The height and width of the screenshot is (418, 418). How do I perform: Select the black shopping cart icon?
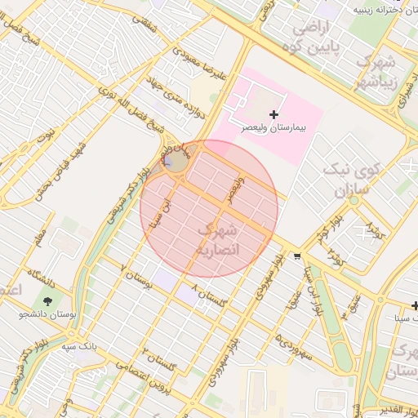(x=296, y=256)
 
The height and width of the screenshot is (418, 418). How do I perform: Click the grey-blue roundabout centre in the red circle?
(x=176, y=162)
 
